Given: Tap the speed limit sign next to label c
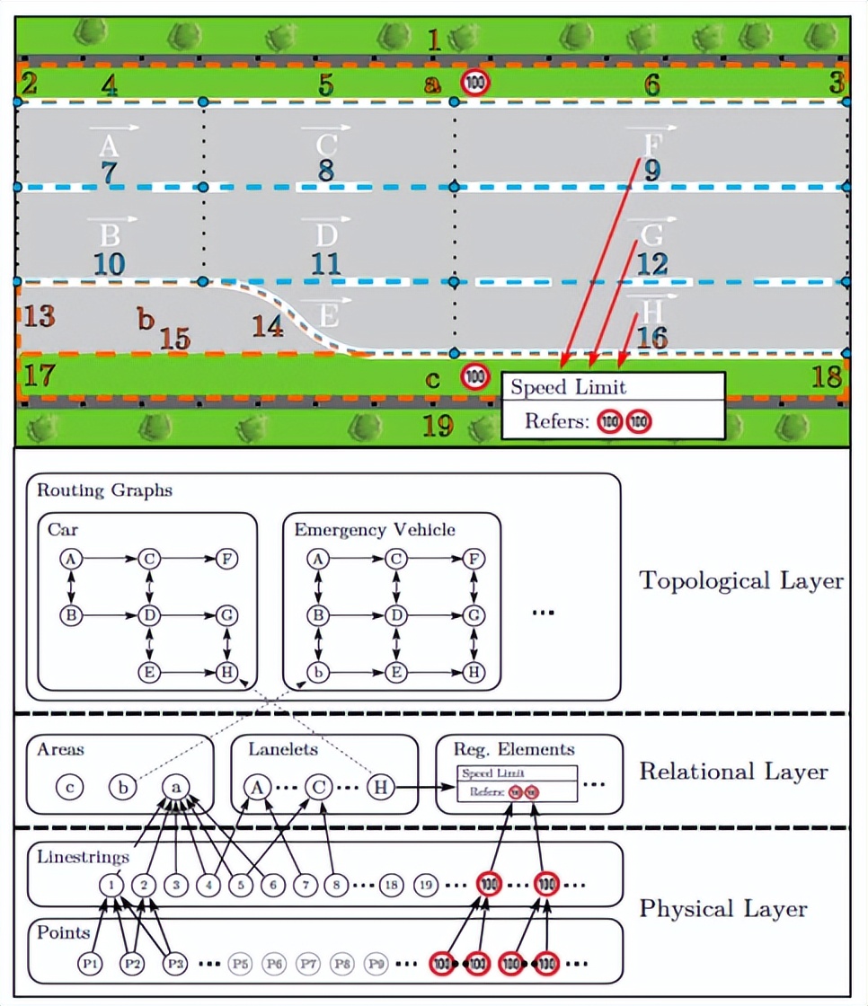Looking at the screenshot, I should click(x=475, y=376).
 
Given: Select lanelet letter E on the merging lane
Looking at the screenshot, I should click(x=330, y=315).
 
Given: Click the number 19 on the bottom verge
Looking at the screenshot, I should click(x=438, y=425).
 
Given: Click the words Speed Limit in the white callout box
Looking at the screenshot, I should click(x=568, y=388).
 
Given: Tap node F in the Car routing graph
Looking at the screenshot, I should click(x=227, y=559).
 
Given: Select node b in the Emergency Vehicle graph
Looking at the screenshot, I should click(x=316, y=671).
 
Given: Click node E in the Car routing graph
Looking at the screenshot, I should click(x=149, y=671).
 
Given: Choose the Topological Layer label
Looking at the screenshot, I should click(x=741, y=581).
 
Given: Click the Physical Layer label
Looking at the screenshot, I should click(x=722, y=909).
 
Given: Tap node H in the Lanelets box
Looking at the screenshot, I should click(x=381, y=787).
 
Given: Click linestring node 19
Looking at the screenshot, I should click(x=426, y=885).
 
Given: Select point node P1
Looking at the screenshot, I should click(x=90, y=963).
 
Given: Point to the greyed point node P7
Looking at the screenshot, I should click(x=308, y=963).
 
